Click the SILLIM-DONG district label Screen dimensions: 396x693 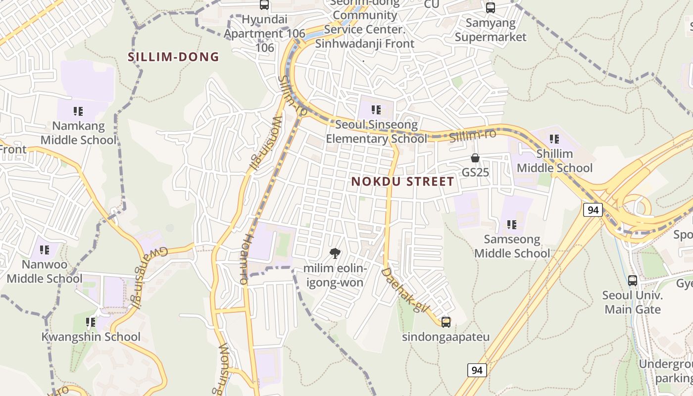[173, 57]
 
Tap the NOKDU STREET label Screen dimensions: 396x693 [402, 182]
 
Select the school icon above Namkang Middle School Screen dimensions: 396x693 [78, 111]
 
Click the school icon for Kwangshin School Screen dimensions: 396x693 [91, 323]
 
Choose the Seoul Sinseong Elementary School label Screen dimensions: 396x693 [376, 132]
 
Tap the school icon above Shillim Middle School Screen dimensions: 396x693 [554, 139]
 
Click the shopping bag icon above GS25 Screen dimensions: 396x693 [475, 158]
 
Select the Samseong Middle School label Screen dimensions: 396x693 [512, 246]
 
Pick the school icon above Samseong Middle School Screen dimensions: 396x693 [512, 225]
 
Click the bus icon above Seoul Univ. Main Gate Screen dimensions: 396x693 [632, 281]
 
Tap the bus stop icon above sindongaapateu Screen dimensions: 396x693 [446, 322]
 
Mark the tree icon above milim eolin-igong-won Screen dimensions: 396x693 [335, 254]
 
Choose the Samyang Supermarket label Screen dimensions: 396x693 [491, 30]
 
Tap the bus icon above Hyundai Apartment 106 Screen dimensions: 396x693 [264, 5]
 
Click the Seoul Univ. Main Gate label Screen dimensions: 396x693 [632, 302]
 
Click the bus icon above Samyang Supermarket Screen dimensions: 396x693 [490, 8]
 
